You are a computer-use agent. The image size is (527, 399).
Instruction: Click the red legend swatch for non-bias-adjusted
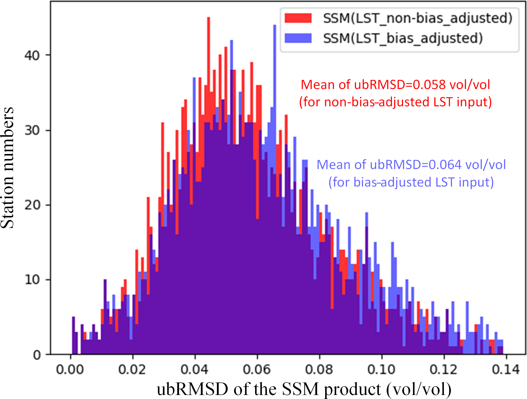click(x=298, y=18)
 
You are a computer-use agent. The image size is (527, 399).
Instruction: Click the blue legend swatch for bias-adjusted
click(x=298, y=38)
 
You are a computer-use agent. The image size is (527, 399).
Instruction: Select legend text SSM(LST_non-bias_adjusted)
click(x=418, y=18)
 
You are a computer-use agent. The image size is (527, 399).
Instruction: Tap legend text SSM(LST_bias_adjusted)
click(x=403, y=38)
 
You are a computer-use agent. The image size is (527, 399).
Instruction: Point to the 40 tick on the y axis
click(x=32, y=55)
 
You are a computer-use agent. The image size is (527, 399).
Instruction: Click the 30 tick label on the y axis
click(x=32, y=130)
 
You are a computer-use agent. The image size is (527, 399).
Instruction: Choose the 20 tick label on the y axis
click(x=32, y=205)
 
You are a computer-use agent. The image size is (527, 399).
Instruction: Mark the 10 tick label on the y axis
click(x=32, y=280)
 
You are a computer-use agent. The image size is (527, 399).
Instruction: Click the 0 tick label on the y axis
click(x=37, y=355)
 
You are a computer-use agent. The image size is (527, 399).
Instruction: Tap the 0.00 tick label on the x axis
click(x=70, y=370)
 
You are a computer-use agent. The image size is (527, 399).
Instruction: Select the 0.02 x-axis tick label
click(x=132, y=370)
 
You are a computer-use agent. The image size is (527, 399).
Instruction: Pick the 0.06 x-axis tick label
click(x=257, y=370)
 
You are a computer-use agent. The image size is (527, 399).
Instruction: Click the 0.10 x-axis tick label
click(x=381, y=370)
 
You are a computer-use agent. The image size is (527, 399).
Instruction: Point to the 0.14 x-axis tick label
click(x=506, y=370)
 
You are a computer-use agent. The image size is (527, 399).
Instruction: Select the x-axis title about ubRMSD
click(x=304, y=389)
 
